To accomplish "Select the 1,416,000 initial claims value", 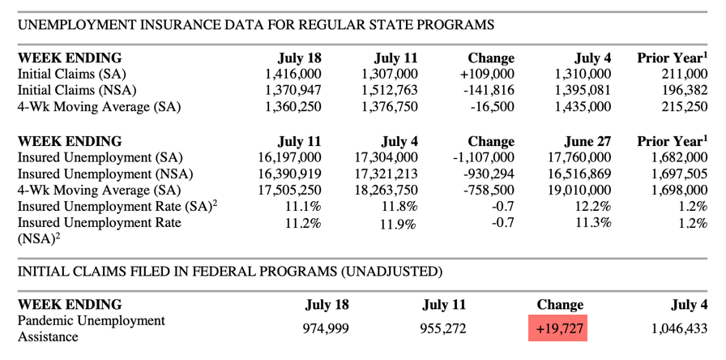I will tap(293, 74).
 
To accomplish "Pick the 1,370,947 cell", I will tap(293, 90).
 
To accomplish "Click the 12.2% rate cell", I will tap(593, 206).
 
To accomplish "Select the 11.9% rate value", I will tap(399, 224).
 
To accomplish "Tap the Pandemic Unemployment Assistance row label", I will tap(91, 328).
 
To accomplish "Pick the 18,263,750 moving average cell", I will tap(385, 190).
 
